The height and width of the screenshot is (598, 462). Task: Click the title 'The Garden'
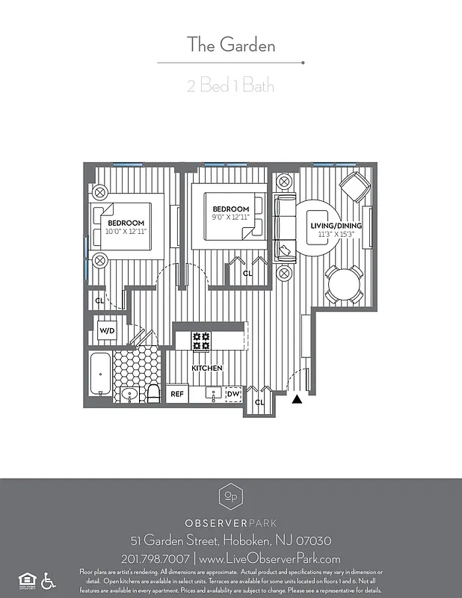[x=231, y=45]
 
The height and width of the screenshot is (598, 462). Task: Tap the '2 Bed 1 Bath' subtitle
[x=231, y=85]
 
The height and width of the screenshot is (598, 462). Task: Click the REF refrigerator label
[x=177, y=393]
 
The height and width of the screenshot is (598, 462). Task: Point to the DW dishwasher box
[x=233, y=393]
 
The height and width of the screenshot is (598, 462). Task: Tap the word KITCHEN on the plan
[x=207, y=369]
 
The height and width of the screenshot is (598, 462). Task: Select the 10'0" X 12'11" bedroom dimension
[x=126, y=232]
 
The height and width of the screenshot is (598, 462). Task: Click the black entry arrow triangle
[x=297, y=400]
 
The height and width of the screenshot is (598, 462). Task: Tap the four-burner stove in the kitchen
[x=201, y=341]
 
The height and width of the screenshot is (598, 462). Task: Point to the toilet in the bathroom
[x=153, y=392]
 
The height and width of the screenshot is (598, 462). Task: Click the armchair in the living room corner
[x=354, y=186]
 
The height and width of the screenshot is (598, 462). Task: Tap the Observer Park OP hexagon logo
[x=231, y=496]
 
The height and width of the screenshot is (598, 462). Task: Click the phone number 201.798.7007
[x=154, y=558]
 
